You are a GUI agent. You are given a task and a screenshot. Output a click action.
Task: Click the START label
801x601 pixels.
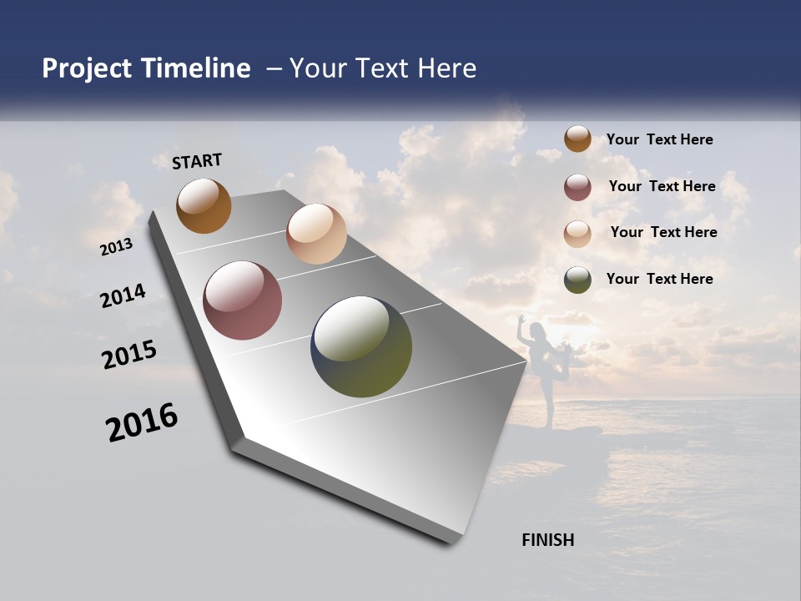pos(197,161)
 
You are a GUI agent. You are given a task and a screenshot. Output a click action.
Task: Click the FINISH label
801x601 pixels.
pos(547,540)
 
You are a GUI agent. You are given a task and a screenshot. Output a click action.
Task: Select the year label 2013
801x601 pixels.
pos(117,247)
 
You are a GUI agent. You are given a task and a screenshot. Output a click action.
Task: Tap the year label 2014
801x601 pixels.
pos(123,296)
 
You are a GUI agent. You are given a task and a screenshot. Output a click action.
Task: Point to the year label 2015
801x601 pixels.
pos(129,355)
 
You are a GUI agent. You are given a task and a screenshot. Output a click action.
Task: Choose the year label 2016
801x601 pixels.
pos(142,422)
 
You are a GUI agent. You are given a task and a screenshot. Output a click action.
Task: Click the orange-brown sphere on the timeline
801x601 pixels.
pos(204,205)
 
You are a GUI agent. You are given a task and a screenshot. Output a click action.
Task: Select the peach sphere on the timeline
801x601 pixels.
pos(316,234)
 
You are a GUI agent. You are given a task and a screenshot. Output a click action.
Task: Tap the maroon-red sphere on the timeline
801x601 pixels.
pos(242,300)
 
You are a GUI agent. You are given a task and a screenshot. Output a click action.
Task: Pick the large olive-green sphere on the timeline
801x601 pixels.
pos(361,346)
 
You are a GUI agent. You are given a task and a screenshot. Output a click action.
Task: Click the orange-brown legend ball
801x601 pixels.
pos(577,139)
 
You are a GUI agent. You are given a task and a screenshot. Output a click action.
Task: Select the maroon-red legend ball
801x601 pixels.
pos(577,187)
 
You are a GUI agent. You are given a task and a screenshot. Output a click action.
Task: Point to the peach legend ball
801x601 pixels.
pos(577,234)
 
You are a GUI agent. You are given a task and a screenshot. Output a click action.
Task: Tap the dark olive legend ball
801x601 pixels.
pos(577,280)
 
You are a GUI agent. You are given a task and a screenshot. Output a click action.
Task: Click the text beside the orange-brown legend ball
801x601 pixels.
pos(659,140)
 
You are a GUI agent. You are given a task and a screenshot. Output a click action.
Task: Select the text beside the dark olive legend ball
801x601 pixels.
pos(659,279)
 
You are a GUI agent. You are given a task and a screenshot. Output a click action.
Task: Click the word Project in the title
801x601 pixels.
pos(88,68)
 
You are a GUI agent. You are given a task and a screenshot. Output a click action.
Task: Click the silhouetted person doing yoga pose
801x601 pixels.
pos(542,367)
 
